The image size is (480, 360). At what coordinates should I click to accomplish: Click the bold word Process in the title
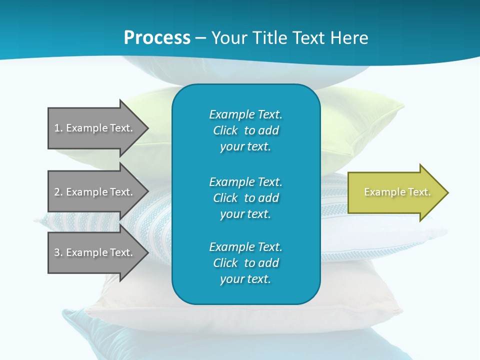click(157, 38)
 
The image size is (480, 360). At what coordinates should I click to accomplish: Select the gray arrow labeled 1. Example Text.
click(95, 128)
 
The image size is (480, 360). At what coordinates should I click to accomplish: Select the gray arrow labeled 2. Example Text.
click(95, 192)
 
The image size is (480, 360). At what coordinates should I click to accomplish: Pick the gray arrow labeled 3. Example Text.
click(95, 252)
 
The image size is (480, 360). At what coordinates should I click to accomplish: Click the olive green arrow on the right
click(395, 192)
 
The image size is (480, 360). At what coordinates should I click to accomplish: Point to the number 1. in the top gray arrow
click(58, 128)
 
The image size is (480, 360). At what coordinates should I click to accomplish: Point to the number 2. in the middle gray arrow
click(58, 192)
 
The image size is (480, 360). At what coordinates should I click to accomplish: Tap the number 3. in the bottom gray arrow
click(58, 252)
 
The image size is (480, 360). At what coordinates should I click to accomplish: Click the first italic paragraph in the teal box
click(246, 130)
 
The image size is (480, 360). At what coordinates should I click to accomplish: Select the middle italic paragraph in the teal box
click(246, 198)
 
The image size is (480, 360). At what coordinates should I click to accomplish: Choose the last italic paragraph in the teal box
click(246, 263)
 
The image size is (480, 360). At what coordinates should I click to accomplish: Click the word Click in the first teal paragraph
click(225, 130)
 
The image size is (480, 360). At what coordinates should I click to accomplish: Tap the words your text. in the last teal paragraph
click(245, 279)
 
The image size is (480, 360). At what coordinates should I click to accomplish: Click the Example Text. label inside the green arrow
click(397, 192)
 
